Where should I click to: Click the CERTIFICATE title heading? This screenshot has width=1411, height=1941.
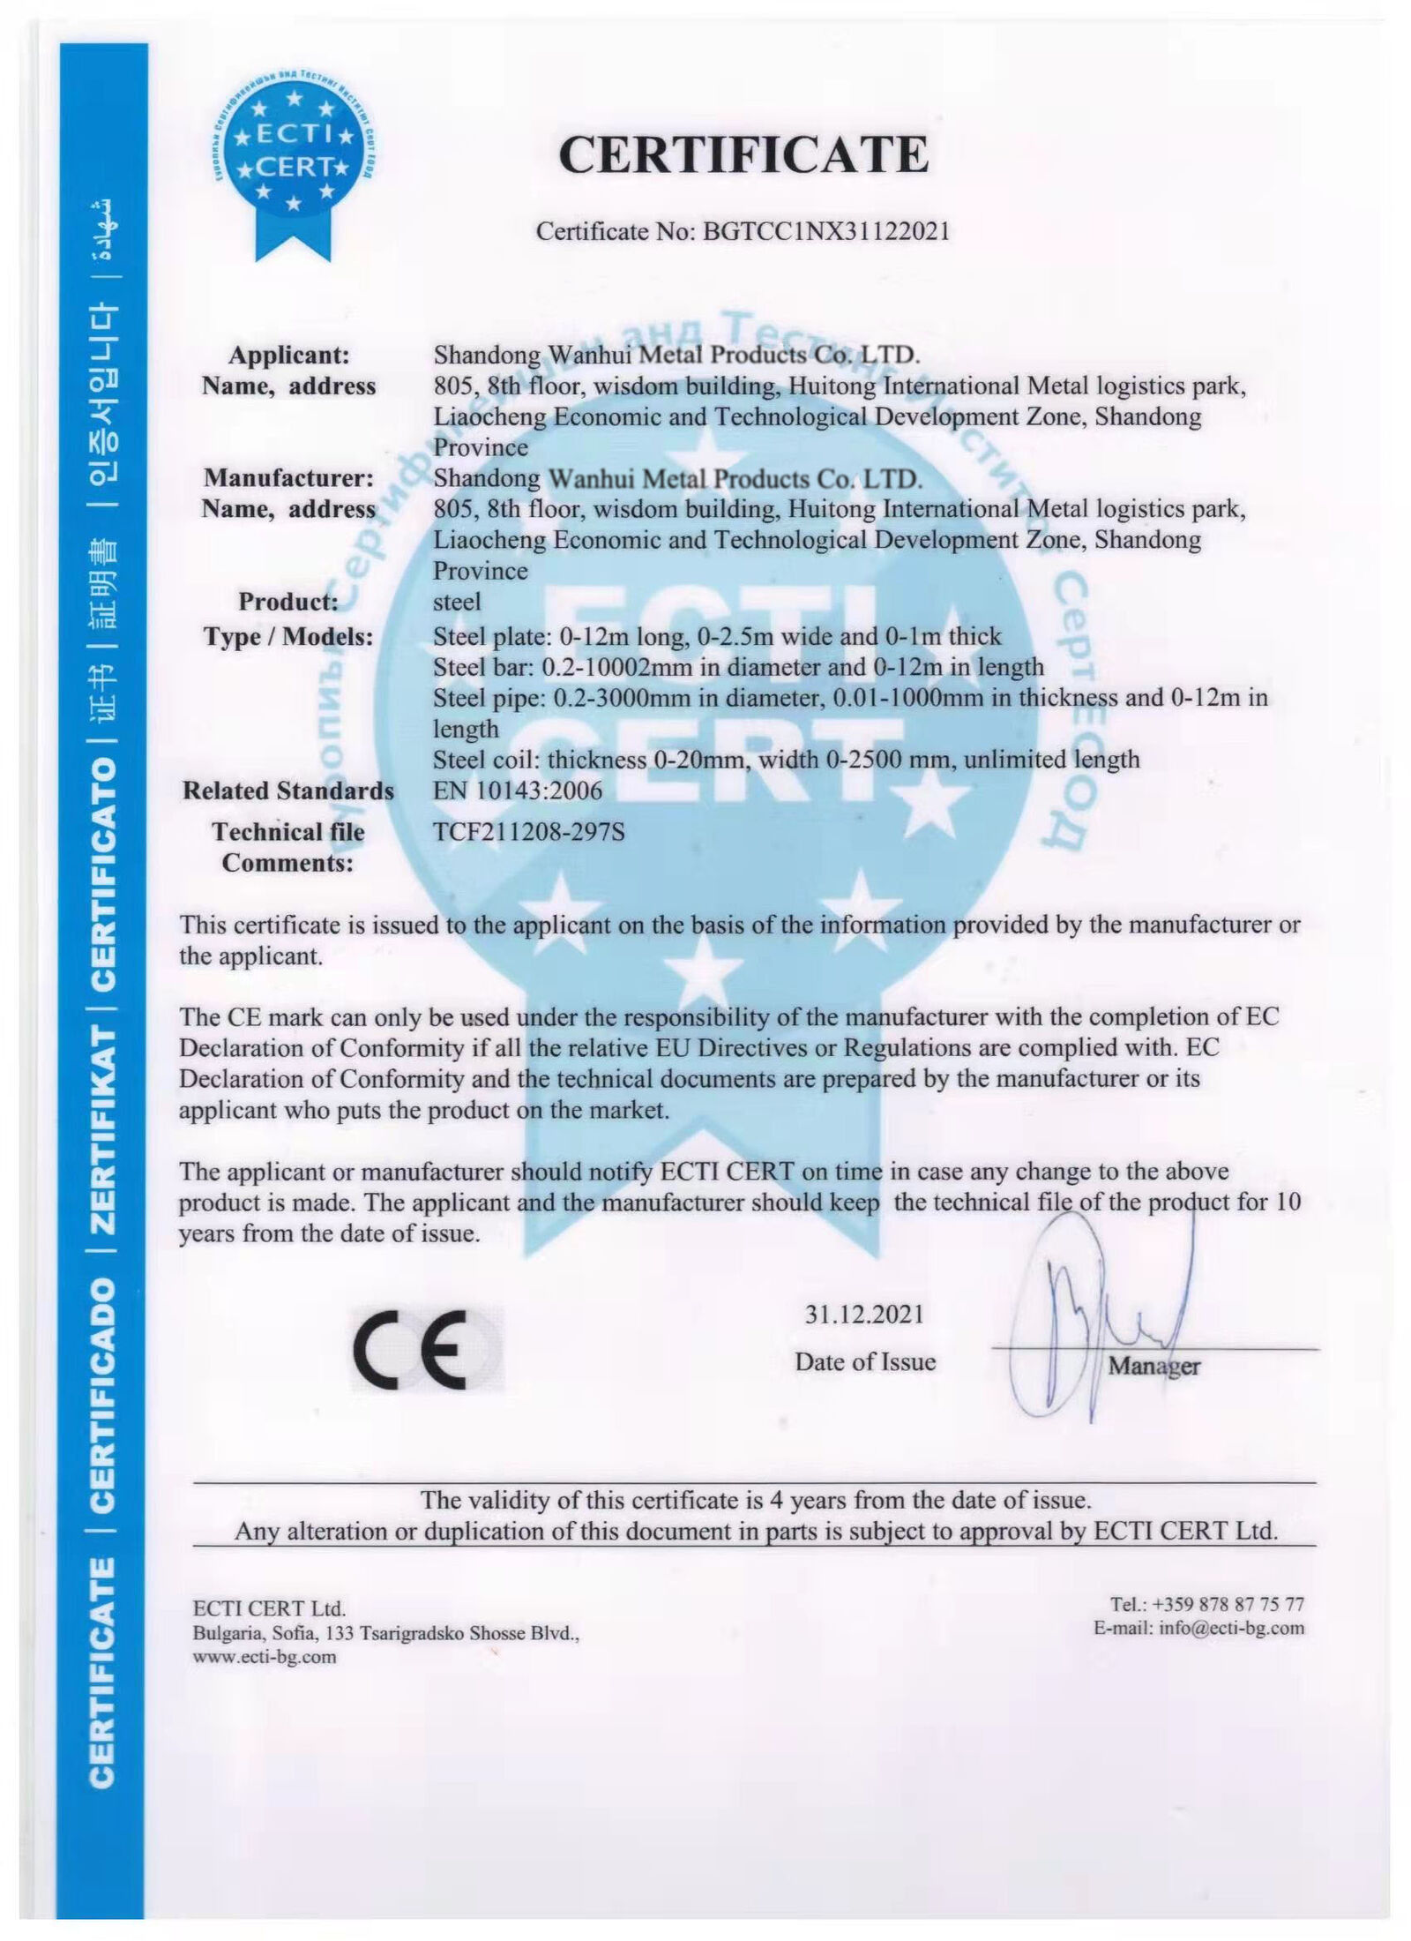point(743,155)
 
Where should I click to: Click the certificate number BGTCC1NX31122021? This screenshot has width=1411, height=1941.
point(825,231)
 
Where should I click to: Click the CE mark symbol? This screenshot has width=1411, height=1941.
point(411,1360)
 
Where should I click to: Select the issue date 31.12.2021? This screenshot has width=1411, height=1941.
point(863,1314)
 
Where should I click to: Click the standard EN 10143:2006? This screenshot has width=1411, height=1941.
point(518,791)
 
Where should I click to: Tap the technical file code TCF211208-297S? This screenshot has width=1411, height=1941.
point(529,831)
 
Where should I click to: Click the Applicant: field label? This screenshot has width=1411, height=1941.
point(289,356)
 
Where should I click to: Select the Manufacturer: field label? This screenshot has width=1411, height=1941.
point(289,478)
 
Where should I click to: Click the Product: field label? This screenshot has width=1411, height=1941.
point(288,602)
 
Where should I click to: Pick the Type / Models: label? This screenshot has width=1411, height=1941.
point(288,637)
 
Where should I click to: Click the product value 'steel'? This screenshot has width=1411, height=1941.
point(457,602)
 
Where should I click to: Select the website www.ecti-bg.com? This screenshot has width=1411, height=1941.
point(265,1656)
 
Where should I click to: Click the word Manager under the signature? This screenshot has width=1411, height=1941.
point(1153,1366)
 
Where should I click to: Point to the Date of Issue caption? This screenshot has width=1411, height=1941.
point(864,1361)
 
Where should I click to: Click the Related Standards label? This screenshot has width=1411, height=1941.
point(288,791)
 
